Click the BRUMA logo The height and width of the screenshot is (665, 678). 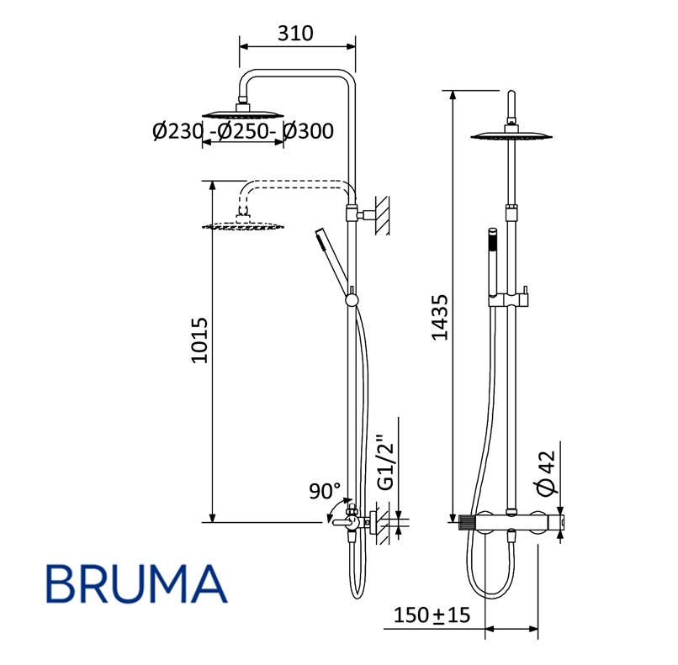click(136, 584)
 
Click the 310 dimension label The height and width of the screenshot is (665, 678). click(295, 34)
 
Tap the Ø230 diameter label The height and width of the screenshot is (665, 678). click(177, 131)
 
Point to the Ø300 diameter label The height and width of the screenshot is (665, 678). click(309, 131)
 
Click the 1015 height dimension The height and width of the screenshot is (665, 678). click(199, 341)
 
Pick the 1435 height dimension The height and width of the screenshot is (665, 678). click(440, 318)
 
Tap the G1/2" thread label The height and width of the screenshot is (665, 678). click(386, 461)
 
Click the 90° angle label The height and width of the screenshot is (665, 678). click(325, 491)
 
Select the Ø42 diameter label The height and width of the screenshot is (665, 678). click(545, 472)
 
